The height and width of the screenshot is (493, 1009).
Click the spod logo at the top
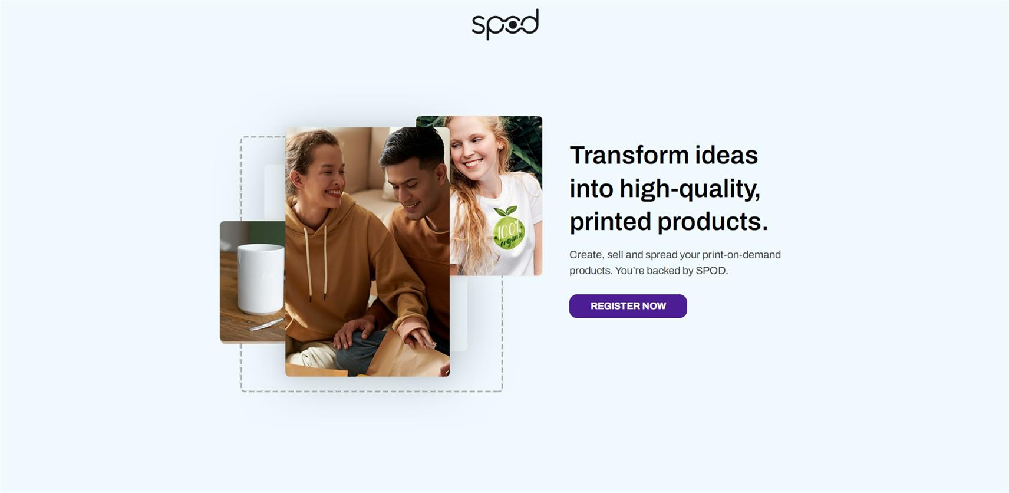point(505,24)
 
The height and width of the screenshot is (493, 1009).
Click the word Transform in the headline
point(629,155)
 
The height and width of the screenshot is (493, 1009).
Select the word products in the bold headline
point(713,222)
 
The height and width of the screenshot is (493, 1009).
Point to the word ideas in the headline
point(726,155)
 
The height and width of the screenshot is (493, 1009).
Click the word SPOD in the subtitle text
point(710,271)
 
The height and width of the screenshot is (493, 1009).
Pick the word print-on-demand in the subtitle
point(741,255)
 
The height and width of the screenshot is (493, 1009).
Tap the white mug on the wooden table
point(261,278)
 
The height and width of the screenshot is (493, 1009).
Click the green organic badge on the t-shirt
point(509,229)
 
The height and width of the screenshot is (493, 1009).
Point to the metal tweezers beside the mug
point(266,324)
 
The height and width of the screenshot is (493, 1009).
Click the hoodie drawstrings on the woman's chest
point(317,263)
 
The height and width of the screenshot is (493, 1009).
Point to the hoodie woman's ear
point(296,179)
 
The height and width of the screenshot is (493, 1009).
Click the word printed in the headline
point(611,222)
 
